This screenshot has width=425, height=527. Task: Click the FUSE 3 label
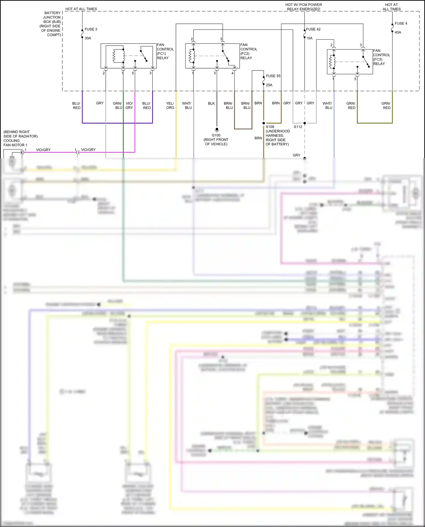point(91,29)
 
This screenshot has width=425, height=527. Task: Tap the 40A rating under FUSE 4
point(398,32)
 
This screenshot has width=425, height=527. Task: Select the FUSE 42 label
point(313,29)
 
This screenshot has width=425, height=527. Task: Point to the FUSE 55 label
point(273,76)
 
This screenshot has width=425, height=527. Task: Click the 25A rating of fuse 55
point(269,85)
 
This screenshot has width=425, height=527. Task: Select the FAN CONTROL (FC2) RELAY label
point(248,51)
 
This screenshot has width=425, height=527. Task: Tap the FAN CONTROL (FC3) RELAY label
point(381,57)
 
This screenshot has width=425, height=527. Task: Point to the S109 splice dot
point(264,123)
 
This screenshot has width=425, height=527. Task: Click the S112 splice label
point(298,127)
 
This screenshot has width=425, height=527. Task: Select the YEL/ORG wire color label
point(170,105)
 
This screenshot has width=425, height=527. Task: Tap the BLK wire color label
point(211,103)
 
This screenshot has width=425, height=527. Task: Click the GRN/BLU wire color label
point(117,105)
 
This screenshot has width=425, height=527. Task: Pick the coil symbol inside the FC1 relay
point(114,56)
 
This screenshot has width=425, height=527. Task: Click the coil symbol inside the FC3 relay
point(330,62)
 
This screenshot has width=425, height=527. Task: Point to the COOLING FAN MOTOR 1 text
point(15,143)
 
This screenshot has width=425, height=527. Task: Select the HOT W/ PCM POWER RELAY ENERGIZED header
point(303,7)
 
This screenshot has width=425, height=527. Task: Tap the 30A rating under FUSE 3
point(88,38)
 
